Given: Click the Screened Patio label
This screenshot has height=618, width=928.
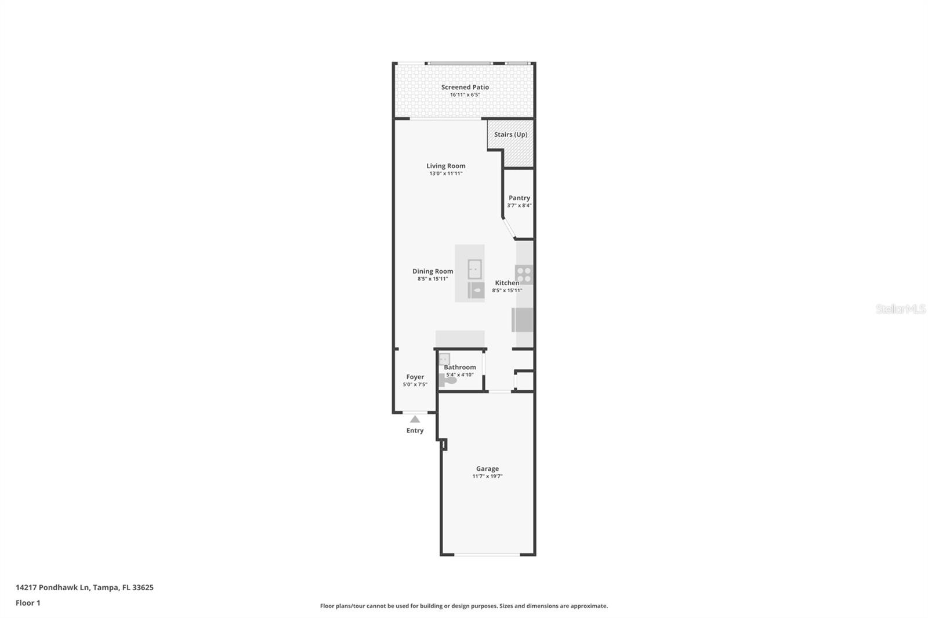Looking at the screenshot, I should pyautogui.click(x=465, y=87).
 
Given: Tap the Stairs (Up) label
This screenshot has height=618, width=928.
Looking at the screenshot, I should pyautogui.click(x=510, y=134).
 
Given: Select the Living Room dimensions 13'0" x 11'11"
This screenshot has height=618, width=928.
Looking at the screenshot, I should pyautogui.click(x=445, y=173).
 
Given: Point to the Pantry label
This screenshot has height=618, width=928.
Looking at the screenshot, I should pyautogui.click(x=519, y=198).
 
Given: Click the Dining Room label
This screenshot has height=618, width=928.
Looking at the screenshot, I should pyautogui.click(x=433, y=271).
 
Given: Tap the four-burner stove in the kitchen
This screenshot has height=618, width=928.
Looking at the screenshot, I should pyautogui.click(x=524, y=274).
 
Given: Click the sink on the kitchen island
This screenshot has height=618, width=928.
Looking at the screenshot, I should pyautogui.click(x=474, y=269).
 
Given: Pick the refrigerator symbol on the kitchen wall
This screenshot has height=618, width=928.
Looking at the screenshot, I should pyautogui.click(x=523, y=319).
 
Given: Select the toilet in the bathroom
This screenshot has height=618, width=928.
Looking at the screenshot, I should pyautogui.click(x=449, y=380).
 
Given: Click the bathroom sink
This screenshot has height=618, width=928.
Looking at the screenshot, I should pyautogui.click(x=444, y=359).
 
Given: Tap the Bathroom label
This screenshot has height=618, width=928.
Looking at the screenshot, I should pyautogui.click(x=460, y=367).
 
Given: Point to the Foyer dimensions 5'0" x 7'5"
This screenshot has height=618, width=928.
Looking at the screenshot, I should pyautogui.click(x=415, y=384).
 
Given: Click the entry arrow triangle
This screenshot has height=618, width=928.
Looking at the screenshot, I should pyautogui.click(x=415, y=419).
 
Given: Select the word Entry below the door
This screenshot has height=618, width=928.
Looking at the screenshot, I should pyautogui.click(x=415, y=430).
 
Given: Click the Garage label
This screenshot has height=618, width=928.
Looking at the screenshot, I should pyautogui.click(x=487, y=468).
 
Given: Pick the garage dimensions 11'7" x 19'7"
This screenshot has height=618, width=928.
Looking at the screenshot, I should pyautogui.click(x=487, y=477).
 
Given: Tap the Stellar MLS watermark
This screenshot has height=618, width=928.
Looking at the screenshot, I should pyautogui.click(x=900, y=309).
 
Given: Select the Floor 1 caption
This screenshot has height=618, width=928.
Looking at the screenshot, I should pyautogui.click(x=28, y=603).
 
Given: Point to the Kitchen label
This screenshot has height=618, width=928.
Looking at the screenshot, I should pyautogui.click(x=507, y=283).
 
